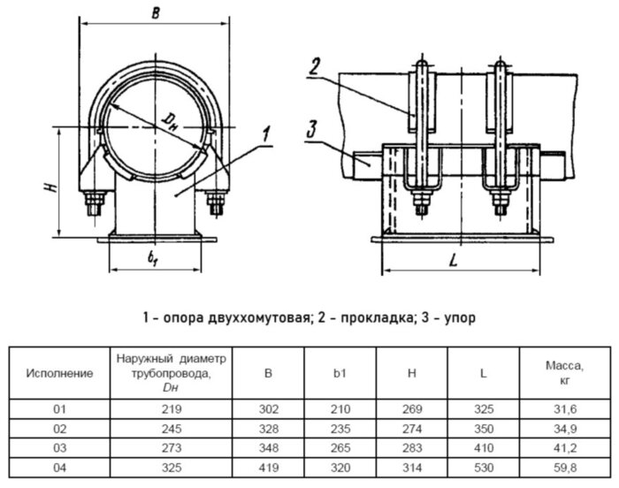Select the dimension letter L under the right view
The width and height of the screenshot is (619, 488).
point(452,261)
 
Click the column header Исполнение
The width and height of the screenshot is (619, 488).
point(59,373)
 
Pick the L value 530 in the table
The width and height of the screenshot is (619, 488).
point(483,467)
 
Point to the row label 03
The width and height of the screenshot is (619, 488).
point(59,447)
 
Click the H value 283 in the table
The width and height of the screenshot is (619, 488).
point(411,447)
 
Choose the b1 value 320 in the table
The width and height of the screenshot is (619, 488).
point(340,467)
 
